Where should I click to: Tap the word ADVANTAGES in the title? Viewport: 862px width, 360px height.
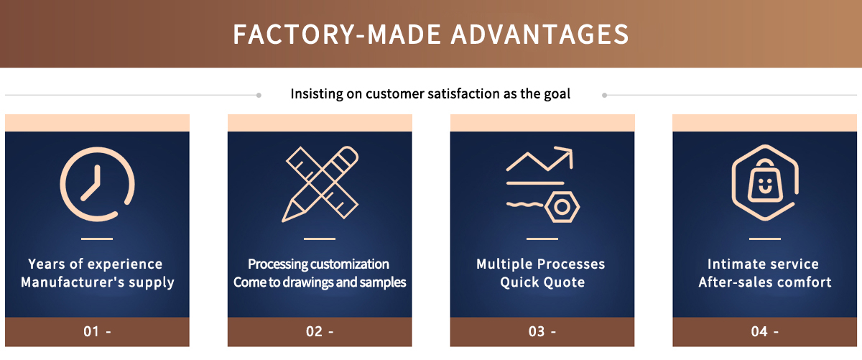coord(539,34)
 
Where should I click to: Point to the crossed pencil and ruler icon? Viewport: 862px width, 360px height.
coord(320,184)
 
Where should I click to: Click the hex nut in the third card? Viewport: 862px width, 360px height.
coord(562,207)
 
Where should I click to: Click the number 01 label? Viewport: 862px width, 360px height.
coord(91,331)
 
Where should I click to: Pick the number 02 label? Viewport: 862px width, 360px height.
coord(314,331)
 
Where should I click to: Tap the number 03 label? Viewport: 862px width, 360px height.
coord(537,331)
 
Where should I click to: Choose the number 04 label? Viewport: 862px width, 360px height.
coord(759,331)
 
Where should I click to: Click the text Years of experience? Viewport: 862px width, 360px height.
coord(96,264)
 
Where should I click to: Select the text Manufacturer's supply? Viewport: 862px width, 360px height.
coord(98,282)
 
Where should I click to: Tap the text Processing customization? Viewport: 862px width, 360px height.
coord(319,264)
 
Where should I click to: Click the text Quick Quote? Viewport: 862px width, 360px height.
coord(542,282)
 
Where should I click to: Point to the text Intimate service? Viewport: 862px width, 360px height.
coord(763,264)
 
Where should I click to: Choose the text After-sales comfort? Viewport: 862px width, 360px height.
coord(765,282)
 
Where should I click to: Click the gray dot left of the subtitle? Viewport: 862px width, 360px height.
coord(259,95)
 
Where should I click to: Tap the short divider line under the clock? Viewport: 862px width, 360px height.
coord(97,239)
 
